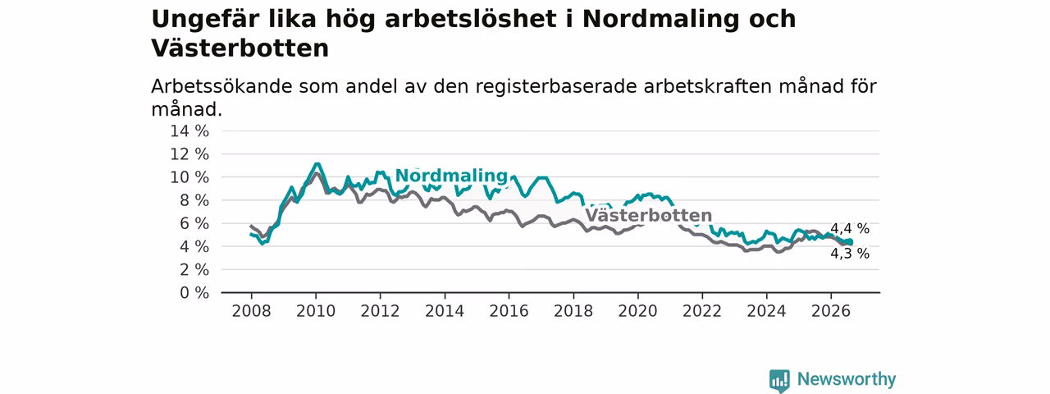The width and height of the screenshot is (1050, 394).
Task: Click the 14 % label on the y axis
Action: tap(189, 131)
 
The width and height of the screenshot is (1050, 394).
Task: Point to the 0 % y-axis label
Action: tap(194, 293)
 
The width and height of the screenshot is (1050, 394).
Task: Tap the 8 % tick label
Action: tap(194, 201)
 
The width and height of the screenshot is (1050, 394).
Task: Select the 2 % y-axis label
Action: tap(194, 270)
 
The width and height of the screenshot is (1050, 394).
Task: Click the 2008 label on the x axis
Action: tap(251, 311)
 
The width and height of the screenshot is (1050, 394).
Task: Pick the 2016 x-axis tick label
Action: tap(509, 311)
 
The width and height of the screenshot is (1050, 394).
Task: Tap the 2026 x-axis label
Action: tap(831, 311)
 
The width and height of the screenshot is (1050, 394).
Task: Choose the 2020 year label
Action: tap(637, 311)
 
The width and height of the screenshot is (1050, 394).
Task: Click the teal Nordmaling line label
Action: tap(451, 176)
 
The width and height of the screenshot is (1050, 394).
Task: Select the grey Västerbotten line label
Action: tap(649, 216)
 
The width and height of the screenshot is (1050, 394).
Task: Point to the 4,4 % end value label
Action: tap(850, 229)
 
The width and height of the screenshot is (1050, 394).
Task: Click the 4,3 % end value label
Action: tap(850, 254)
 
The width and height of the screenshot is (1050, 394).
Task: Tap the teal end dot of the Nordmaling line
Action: tap(850, 242)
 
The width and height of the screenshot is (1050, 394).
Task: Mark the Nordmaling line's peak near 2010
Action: tap(317, 164)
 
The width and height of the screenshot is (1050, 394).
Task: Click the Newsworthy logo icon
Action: tap(779, 380)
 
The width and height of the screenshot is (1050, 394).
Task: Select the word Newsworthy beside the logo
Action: tap(847, 379)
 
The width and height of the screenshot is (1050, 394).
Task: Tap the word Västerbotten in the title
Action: tap(240, 48)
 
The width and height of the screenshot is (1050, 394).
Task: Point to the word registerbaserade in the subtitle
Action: tap(556, 87)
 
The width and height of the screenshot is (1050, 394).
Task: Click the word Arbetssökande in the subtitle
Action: tap(221, 87)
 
